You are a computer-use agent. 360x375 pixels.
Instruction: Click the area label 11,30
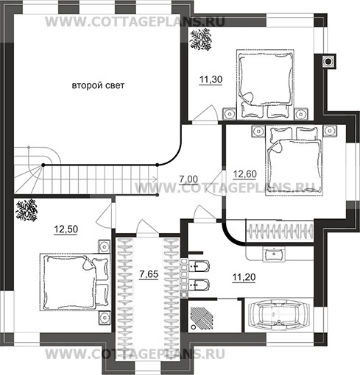tap(211, 79)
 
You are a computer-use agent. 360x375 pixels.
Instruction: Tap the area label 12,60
tap(244, 174)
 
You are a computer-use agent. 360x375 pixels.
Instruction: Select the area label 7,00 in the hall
tap(188, 179)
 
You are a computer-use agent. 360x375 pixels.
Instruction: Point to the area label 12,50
tap(66, 229)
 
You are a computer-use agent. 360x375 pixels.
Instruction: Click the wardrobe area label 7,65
tap(149, 274)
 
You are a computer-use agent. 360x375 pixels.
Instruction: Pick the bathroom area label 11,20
tap(244, 277)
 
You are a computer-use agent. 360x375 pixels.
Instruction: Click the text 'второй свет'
tap(98, 85)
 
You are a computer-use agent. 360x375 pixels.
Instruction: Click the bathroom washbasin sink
tap(273, 254)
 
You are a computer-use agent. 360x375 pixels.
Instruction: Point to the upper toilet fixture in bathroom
tap(199, 266)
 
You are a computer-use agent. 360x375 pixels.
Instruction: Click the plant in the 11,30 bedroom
tap(201, 39)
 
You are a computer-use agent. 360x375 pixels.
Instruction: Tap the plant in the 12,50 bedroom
tap(27, 210)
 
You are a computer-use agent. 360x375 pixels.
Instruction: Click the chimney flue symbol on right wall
tap(328, 61)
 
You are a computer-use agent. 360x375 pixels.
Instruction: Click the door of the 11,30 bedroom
tap(205, 113)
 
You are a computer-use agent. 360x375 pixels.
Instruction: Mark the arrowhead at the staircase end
tap(155, 179)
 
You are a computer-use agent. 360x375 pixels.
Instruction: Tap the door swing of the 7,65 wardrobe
tap(147, 228)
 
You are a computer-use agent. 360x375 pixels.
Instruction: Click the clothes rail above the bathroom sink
tap(280, 232)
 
